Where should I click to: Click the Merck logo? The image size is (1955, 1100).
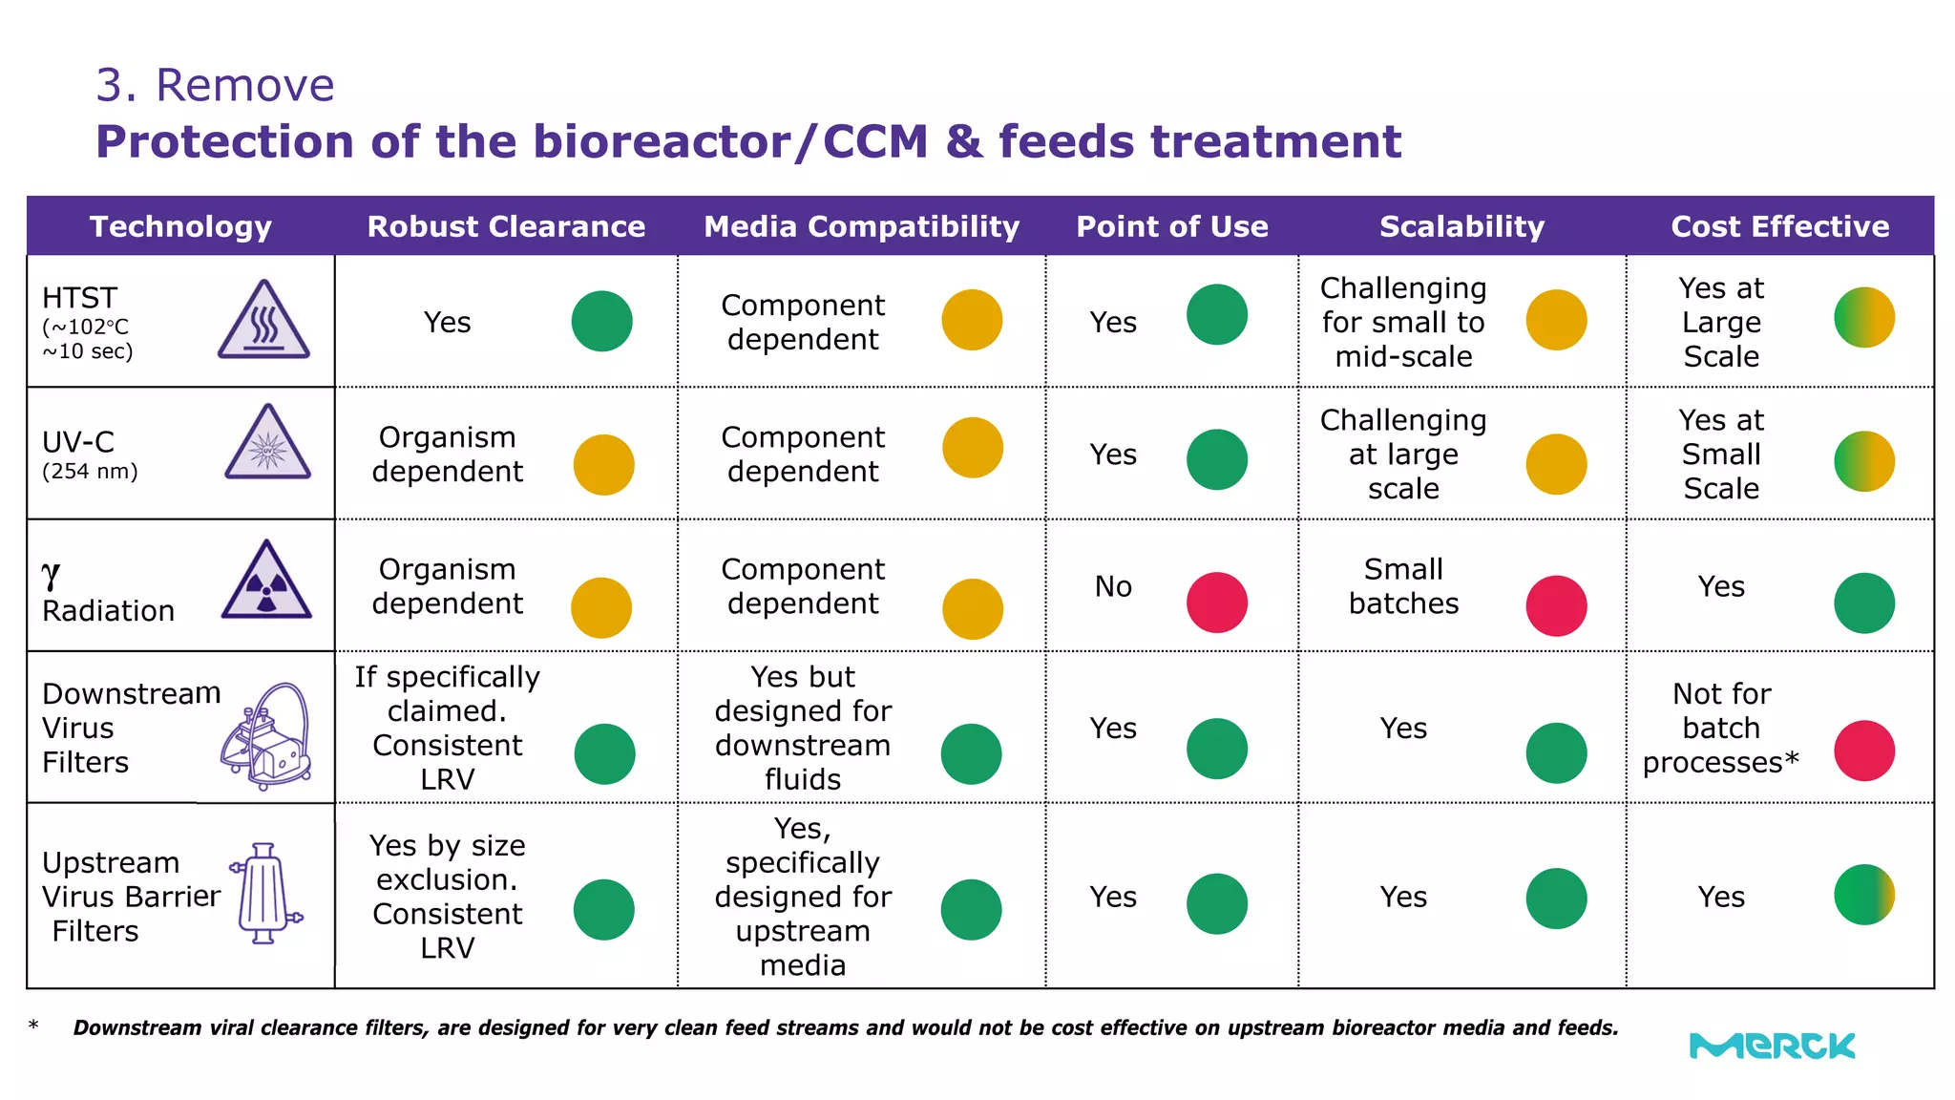click(x=1772, y=1046)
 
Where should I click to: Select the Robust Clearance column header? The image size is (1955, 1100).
click(x=506, y=226)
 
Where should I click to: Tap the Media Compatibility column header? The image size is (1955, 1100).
click(x=861, y=226)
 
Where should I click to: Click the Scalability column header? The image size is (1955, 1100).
click(x=1461, y=226)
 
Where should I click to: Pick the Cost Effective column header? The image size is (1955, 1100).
click(x=1780, y=226)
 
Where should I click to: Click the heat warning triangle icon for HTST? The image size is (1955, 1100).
click(x=263, y=320)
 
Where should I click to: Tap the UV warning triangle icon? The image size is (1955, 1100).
click(x=267, y=442)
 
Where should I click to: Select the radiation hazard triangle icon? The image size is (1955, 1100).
click(x=266, y=580)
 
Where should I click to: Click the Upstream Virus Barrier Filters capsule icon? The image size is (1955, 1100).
click(x=265, y=894)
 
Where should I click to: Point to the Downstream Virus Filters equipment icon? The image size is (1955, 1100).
click(x=266, y=736)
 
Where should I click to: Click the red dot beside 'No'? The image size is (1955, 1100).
click(x=1217, y=603)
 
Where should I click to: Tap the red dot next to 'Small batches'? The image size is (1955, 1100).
click(x=1556, y=605)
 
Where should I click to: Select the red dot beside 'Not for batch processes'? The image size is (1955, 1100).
click(x=1864, y=751)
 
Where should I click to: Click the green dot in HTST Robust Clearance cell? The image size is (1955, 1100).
click(x=602, y=321)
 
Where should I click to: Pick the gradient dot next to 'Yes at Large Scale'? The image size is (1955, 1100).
click(x=1864, y=317)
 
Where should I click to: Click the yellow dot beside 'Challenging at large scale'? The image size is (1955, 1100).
click(x=1556, y=464)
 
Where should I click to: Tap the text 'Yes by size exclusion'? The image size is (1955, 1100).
click(x=447, y=862)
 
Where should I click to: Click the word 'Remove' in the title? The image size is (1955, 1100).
click(x=245, y=85)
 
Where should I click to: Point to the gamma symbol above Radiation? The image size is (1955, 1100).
click(x=51, y=575)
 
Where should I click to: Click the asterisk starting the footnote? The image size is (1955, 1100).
click(x=33, y=1026)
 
